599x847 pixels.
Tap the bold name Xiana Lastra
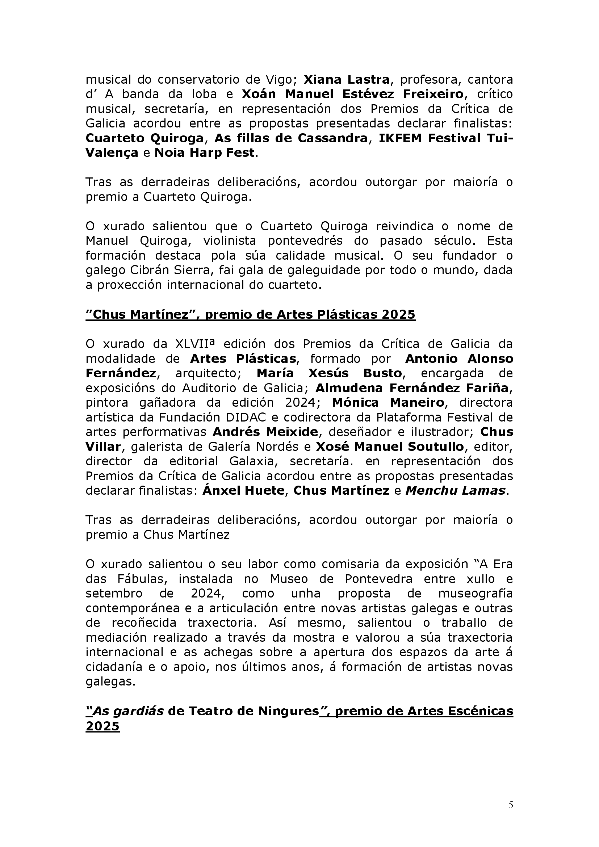tap(346, 80)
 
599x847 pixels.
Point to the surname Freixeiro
tap(433, 94)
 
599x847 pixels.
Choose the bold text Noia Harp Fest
tap(205, 153)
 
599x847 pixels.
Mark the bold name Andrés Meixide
tap(265, 432)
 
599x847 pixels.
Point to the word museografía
tap(476, 594)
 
